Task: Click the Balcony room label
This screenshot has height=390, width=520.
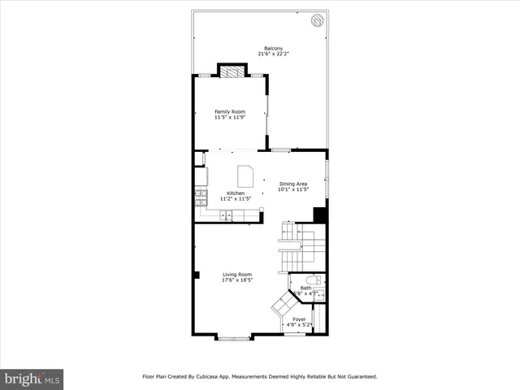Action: click(273, 48)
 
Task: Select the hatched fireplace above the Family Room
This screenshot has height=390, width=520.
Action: click(231, 71)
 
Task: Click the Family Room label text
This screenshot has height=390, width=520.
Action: click(230, 111)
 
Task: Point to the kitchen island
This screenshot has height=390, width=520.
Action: click(245, 175)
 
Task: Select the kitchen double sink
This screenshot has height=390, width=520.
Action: click(227, 215)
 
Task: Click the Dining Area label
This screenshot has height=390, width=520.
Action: click(293, 184)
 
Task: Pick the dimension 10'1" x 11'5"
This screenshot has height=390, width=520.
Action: click(293, 190)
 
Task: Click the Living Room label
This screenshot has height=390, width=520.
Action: click(237, 275)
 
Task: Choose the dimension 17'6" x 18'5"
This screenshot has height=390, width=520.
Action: click(237, 280)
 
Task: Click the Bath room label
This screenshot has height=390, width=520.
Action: click(305, 288)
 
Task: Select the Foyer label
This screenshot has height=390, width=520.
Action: click(299, 319)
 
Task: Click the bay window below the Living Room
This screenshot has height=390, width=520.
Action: click(233, 336)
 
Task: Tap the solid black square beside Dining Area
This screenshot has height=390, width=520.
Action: click(320, 215)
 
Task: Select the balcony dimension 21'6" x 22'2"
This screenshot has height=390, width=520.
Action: click(273, 54)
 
